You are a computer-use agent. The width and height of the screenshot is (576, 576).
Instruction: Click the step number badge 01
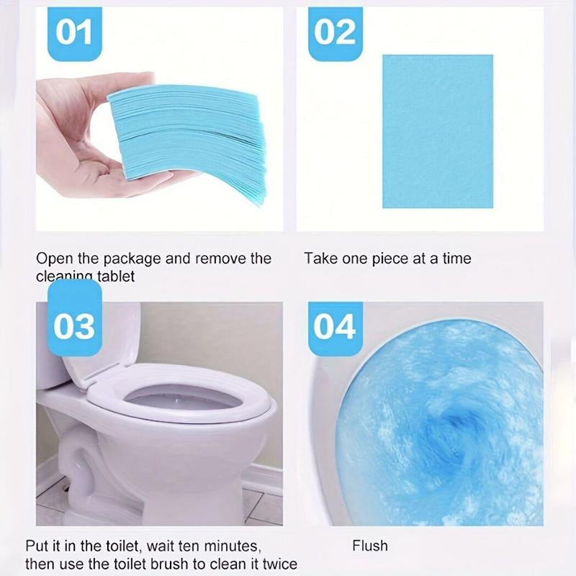(75, 32)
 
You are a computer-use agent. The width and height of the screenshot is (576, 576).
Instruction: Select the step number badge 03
(75, 325)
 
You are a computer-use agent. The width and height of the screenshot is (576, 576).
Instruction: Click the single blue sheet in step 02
(437, 130)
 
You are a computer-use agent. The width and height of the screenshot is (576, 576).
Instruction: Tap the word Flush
(369, 545)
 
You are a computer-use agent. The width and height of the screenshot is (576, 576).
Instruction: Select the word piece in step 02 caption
(390, 258)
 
